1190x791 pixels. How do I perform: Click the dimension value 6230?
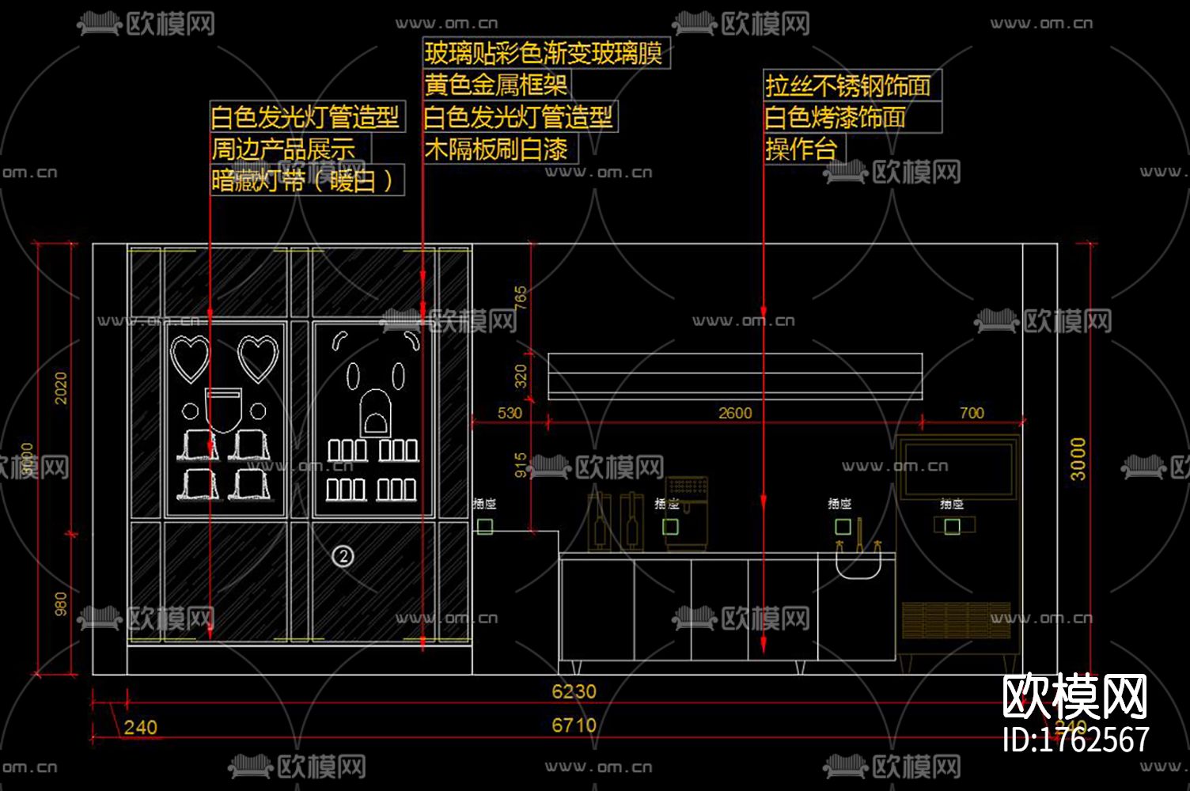(x=574, y=691)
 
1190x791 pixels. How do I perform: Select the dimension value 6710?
(x=574, y=725)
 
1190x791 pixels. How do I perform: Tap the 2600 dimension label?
(x=735, y=413)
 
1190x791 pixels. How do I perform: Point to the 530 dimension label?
(x=510, y=413)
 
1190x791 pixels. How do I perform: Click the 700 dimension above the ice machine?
(x=972, y=413)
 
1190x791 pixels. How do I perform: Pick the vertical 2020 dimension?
(x=61, y=388)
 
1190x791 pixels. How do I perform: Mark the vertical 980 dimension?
(x=61, y=605)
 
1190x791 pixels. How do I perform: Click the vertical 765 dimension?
(x=521, y=298)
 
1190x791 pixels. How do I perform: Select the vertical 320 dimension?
(x=521, y=376)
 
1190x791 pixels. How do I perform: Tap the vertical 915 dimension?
(x=521, y=465)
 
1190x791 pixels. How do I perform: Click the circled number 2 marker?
(x=343, y=556)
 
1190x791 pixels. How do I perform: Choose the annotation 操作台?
(x=801, y=149)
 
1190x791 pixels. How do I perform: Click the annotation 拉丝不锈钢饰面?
(x=847, y=85)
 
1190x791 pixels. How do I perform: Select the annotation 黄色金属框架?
(x=495, y=85)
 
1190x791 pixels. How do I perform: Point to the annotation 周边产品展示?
(x=283, y=149)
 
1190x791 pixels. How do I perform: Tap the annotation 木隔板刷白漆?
(x=496, y=149)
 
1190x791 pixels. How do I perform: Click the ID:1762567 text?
(x=1075, y=740)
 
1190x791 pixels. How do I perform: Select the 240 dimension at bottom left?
(x=140, y=727)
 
